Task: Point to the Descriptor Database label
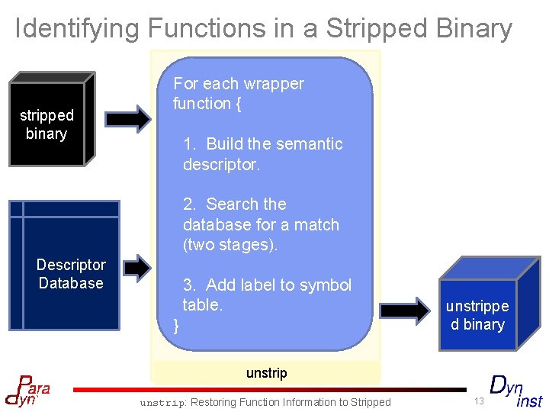click(x=71, y=274)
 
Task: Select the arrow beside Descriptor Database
click(x=137, y=266)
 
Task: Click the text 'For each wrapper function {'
click(x=238, y=93)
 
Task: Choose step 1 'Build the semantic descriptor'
click(x=262, y=153)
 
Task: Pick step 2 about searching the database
click(x=261, y=224)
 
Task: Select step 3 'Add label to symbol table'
click(x=267, y=295)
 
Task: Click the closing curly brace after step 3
click(x=177, y=326)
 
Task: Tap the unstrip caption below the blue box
click(x=266, y=373)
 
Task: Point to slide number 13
click(x=478, y=401)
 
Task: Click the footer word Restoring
click(x=217, y=402)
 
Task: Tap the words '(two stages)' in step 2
click(x=230, y=245)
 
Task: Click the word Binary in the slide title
click(x=474, y=28)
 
